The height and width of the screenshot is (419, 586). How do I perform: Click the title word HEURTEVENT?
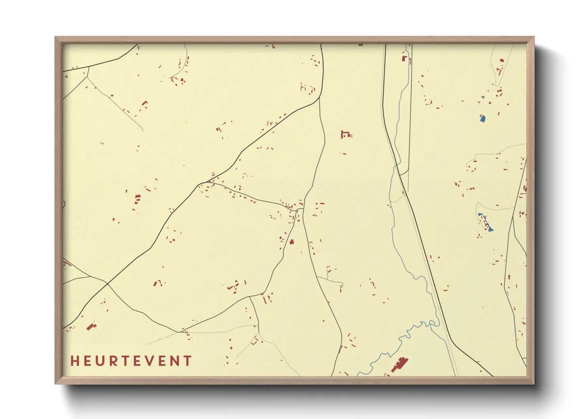[x=131, y=361]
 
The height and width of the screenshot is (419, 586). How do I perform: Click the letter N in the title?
[x=175, y=361]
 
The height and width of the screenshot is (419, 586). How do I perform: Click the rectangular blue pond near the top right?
[x=483, y=118]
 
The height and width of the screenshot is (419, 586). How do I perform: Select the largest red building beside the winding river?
[x=400, y=364]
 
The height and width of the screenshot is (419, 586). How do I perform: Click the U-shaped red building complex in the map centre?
[x=345, y=134]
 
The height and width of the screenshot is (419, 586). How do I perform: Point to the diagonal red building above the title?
[x=91, y=326]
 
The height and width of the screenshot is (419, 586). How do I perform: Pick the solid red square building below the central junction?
[x=292, y=242]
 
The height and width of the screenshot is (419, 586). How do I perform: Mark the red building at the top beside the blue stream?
[x=404, y=58]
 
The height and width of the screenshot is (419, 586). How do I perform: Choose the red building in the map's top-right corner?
[x=502, y=60]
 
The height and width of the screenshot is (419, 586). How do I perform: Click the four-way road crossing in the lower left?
[x=107, y=283]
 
